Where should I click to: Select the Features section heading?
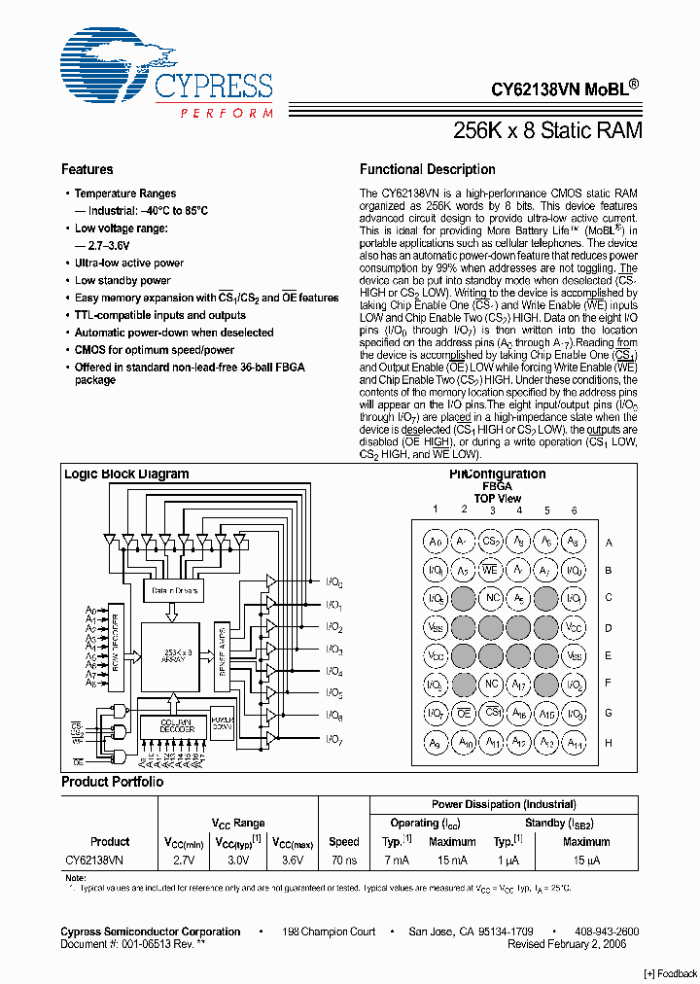[x=87, y=169]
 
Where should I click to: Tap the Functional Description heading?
[x=427, y=169]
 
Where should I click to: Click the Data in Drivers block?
[x=174, y=590]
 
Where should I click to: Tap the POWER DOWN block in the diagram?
[x=223, y=720]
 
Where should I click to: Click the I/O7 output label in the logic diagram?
[x=333, y=742]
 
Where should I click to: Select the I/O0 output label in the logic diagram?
[x=333, y=582]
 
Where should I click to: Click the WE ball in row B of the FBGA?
[x=491, y=570]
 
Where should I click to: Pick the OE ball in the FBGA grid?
[x=464, y=714]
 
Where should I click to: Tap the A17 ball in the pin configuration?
[x=519, y=685]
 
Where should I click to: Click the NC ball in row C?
[x=492, y=599]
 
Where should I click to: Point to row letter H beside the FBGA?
[x=609, y=742]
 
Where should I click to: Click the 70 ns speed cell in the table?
[x=343, y=861]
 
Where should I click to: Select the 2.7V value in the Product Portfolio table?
[x=183, y=861]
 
